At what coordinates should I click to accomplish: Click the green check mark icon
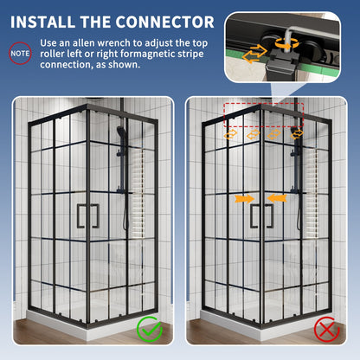point(149,330)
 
